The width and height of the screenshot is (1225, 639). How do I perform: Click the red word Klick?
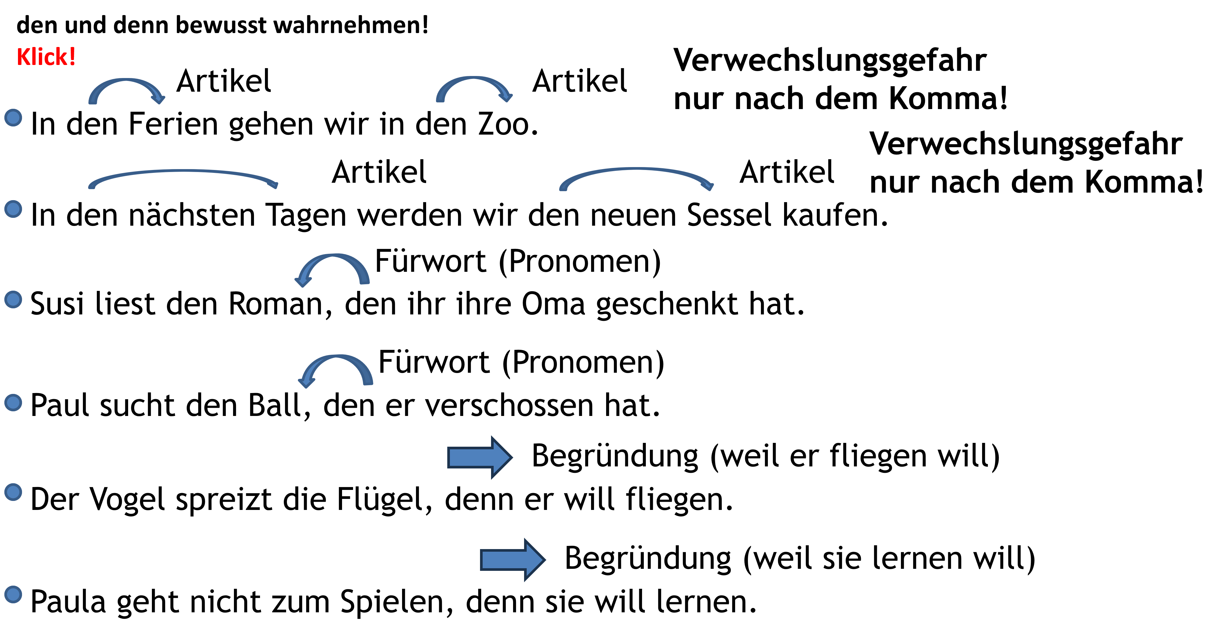[46, 57]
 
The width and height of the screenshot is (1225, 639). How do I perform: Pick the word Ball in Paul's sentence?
[275, 406]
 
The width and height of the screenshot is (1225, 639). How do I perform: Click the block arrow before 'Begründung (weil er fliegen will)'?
[480, 457]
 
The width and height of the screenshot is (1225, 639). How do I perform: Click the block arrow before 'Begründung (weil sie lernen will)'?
[512, 560]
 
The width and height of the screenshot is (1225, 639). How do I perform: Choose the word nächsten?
[192, 215]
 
